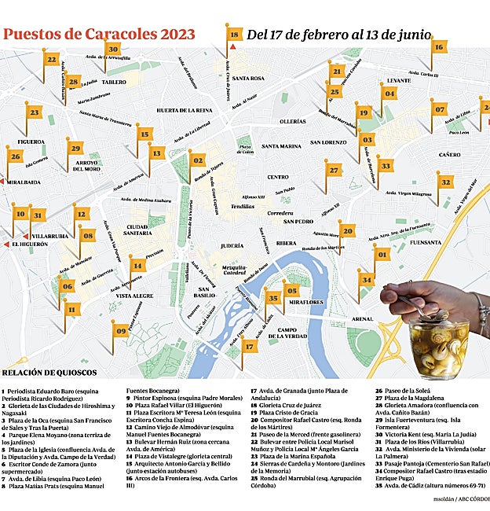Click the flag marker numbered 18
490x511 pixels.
(234, 34)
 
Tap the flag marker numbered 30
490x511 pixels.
(114, 49)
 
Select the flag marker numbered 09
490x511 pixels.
(121, 332)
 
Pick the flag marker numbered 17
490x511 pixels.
(249, 346)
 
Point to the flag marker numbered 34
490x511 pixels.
(366, 278)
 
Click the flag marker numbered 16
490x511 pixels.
(438, 47)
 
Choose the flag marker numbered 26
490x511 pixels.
(16, 156)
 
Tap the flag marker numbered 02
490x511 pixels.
(197, 160)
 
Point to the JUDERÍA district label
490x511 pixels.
(232, 246)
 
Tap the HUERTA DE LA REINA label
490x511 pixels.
(185, 111)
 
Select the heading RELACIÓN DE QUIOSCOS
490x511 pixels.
(49, 372)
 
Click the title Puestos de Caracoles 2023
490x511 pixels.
(99, 34)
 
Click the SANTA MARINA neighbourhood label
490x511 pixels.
(281, 146)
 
